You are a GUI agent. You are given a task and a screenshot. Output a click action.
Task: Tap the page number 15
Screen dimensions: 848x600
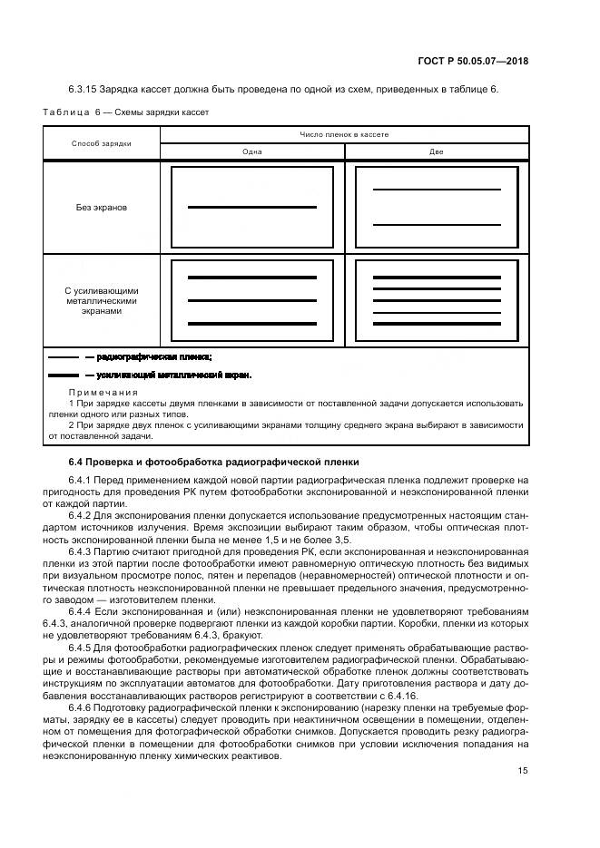[x=523, y=771]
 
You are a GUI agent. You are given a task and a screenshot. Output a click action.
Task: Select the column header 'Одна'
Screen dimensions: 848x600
[x=252, y=151]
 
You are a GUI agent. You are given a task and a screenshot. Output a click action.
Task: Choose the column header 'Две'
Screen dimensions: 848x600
[x=437, y=151]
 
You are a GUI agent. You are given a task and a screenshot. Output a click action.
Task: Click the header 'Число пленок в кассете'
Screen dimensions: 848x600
[x=344, y=134]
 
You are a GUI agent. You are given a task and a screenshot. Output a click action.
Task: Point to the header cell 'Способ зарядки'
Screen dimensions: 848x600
[x=102, y=143]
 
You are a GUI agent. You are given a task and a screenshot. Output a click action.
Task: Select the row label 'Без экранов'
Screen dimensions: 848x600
[x=102, y=207]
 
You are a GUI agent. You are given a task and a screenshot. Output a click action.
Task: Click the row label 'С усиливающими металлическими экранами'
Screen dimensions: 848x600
[x=102, y=301]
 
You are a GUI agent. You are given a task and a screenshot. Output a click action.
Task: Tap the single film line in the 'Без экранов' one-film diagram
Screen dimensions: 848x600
[x=252, y=208]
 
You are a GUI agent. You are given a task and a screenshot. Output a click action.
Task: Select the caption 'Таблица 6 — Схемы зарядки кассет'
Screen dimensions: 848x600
[x=126, y=112]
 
